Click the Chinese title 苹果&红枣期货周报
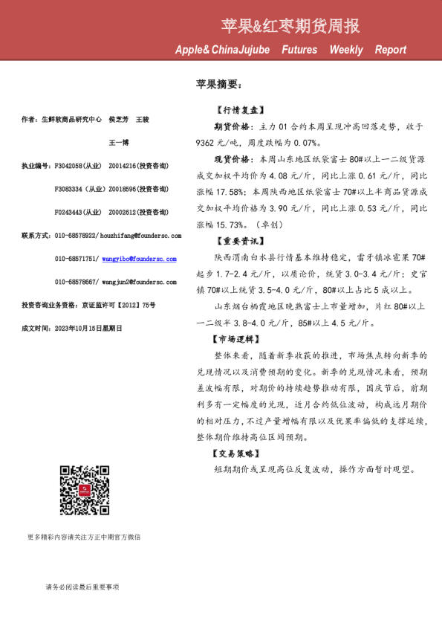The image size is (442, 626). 290,27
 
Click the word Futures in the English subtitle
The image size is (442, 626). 299,50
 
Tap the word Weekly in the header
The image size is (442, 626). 346,50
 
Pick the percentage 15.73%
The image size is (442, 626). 232,225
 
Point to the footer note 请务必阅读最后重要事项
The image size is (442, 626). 82,587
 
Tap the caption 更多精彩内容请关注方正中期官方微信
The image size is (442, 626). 84,536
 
